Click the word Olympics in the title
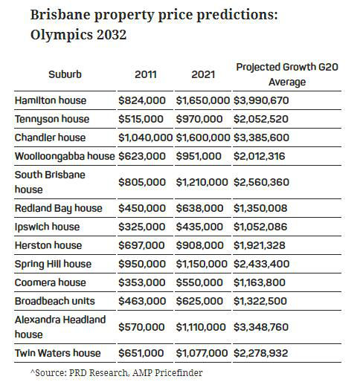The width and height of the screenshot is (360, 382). point(62,35)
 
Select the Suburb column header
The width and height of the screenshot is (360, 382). point(65,74)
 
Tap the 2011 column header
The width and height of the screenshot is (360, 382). point(146,74)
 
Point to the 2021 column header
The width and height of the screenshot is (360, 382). point(203,74)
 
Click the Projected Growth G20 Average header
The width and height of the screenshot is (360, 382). point(287,74)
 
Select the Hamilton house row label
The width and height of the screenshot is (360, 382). point(51,100)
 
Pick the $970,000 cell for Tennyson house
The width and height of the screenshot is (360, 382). point(199,119)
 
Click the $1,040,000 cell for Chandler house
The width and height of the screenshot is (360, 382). point(145,137)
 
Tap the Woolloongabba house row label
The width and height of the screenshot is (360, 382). point(65,157)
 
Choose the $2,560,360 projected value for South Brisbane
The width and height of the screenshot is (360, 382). point(261,182)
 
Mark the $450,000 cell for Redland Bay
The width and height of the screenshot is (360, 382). point(142,208)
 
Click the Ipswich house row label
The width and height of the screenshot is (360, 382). point(47,227)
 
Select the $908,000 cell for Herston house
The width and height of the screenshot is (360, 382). point(199,245)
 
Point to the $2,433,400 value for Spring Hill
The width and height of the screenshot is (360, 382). point(261,264)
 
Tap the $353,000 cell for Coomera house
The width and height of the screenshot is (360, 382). point(141,282)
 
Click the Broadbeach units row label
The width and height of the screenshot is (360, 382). point(55,301)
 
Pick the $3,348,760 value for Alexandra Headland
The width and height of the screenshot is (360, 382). point(261,327)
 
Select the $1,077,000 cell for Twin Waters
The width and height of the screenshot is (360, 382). point(202,353)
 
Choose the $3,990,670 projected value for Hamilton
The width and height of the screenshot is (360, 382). point(261,100)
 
